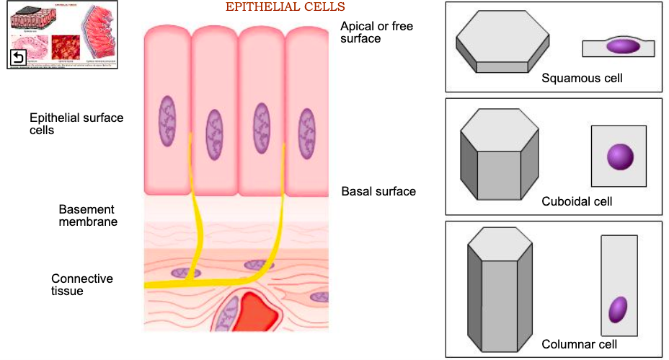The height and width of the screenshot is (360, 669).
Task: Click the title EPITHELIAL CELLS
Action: click(x=285, y=7)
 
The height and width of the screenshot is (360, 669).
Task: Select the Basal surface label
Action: click(x=378, y=192)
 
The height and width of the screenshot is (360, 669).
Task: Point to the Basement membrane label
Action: click(x=88, y=215)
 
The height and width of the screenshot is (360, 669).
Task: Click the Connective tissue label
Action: click(x=81, y=284)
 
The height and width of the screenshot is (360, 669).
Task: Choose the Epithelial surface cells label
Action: click(x=76, y=124)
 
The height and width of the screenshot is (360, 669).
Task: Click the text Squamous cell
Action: click(x=582, y=78)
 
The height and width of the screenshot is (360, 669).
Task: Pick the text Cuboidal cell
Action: click(x=577, y=201)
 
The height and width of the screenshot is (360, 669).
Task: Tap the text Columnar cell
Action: click(x=579, y=345)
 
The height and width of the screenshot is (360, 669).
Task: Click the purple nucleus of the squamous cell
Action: click(x=622, y=46)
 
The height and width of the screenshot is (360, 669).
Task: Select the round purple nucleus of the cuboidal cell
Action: click(x=620, y=156)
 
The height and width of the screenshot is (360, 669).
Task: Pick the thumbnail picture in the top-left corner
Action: click(x=62, y=35)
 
